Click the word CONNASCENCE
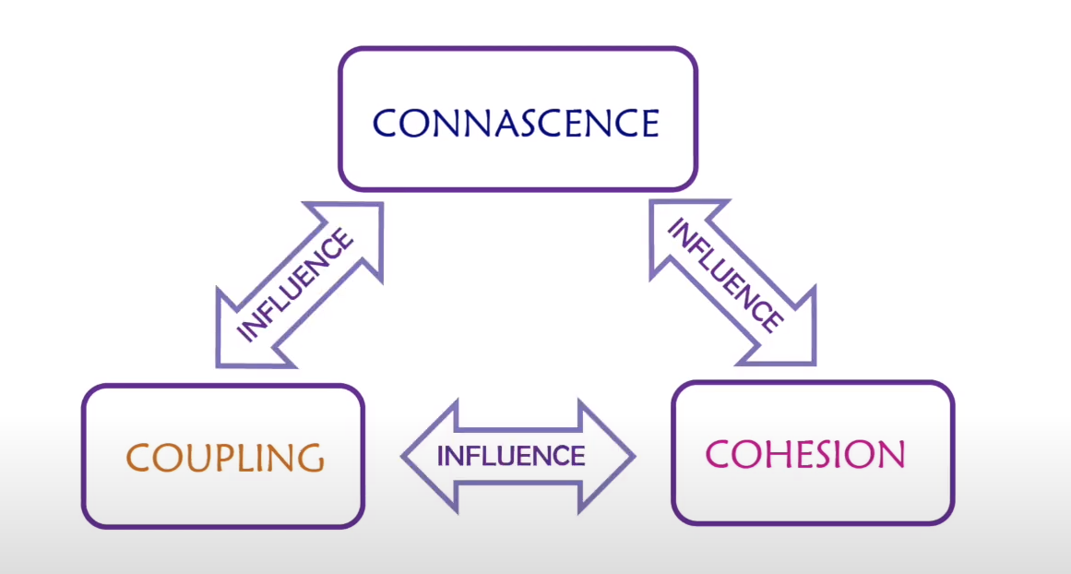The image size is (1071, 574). (x=517, y=123)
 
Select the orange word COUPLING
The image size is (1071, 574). (x=224, y=457)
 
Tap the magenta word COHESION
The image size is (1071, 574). (x=805, y=454)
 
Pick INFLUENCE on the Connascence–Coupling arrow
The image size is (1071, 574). (x=295, y=285)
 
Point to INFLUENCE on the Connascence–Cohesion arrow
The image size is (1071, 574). (x=725, y=276)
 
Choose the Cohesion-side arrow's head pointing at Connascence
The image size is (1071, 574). (x=672, y=226)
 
